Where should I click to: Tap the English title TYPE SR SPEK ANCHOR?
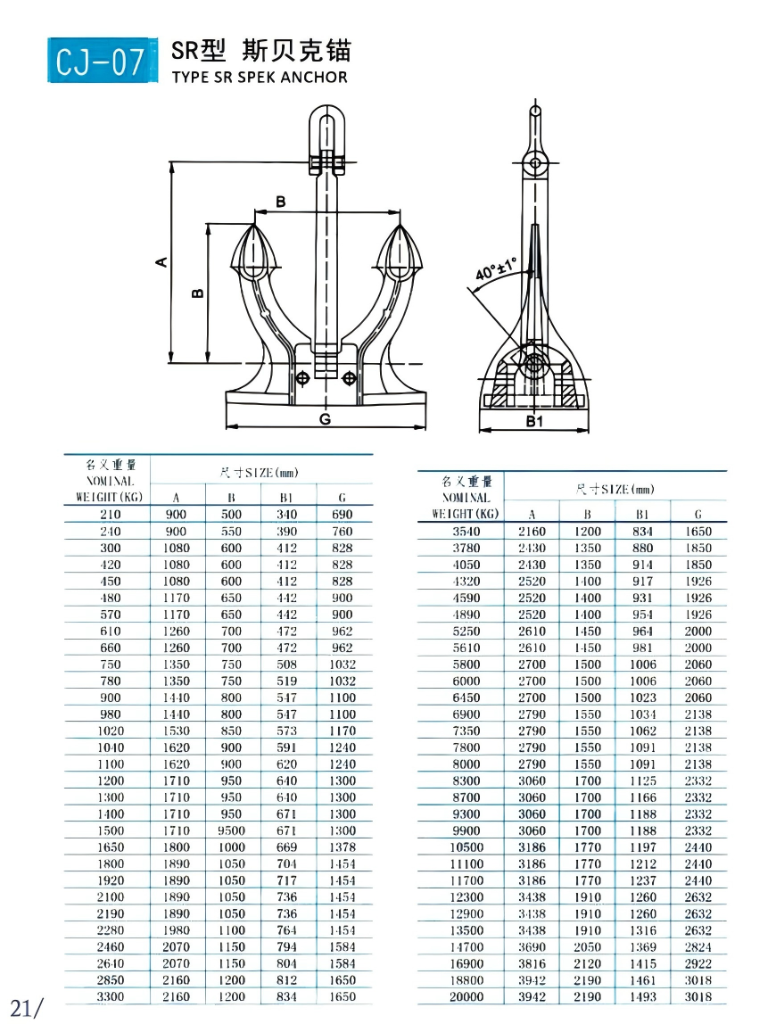pos(259,77)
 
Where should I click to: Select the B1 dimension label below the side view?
pos(533,421)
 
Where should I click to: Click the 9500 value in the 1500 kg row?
pos(232,830)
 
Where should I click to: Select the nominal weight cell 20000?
pos(466,996)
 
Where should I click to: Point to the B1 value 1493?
pos(642,996)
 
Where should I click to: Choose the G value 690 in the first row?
pos(342,514)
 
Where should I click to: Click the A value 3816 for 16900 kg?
pos(532,963)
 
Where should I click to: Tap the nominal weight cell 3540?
pos(466,531)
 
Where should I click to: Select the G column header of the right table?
pos(698,514)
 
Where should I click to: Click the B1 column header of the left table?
pos(286,498)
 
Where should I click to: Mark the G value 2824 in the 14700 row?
pos(698,946)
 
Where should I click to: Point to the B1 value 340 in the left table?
pos(286,514)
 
